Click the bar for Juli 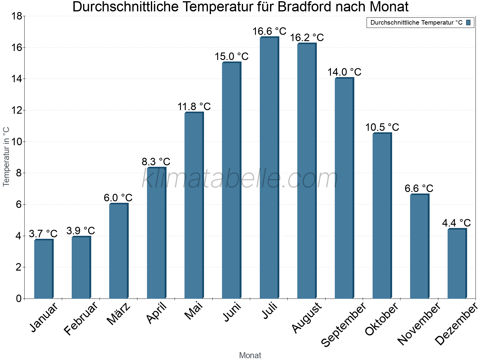pyautogui.click(x=269, y=168)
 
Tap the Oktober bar pyautogui.click(x=382, y=216)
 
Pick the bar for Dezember pyautogui.click(x=457, y=264)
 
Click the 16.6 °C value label pyautogui.click(x=269, y=31)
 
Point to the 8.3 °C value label pyautogui.click(x=156, y=162)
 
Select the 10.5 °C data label pyautogui.click(x=382, y=127)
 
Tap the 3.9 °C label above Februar pyautogui.click(x=80, y=231)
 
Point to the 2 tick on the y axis pyautogui.click(x=19, y=267)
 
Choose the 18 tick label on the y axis pyautogui.click(x=16, y=16)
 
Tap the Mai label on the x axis pyautogui.click(x=194, y=311)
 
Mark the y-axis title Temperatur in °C pyautogui.click(x=6, y=157)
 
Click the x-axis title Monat pyautogui.click(x=250, y=355)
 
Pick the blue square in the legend pyautogui.click(x=469, y=22)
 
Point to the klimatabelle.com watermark pyautogui.click(x=240, y=179)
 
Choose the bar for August pyautogui.click(x=307, y=171)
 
